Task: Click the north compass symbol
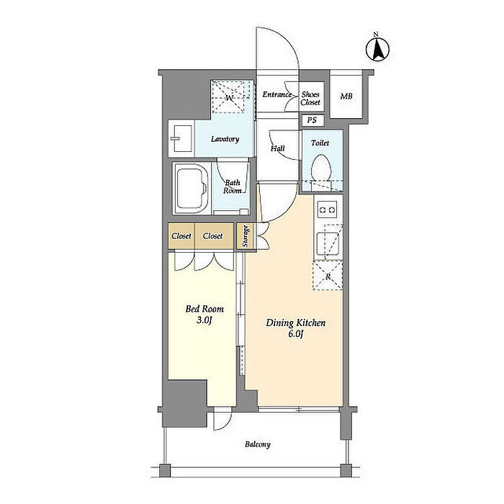[377, 49]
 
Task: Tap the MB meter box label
[346, 96]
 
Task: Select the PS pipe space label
[312, 120]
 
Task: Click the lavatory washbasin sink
[181, 138]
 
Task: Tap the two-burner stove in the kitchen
[327, 210]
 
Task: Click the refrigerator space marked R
[328, 276]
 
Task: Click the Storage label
[246, 236]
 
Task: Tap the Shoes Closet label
[310, 99]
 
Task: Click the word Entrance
[277, 94]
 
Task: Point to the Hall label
[278, 148]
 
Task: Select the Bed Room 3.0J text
[204, 314]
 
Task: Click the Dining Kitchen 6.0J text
[295, 328]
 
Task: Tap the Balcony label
[258, 444]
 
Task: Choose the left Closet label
[181, 236]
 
